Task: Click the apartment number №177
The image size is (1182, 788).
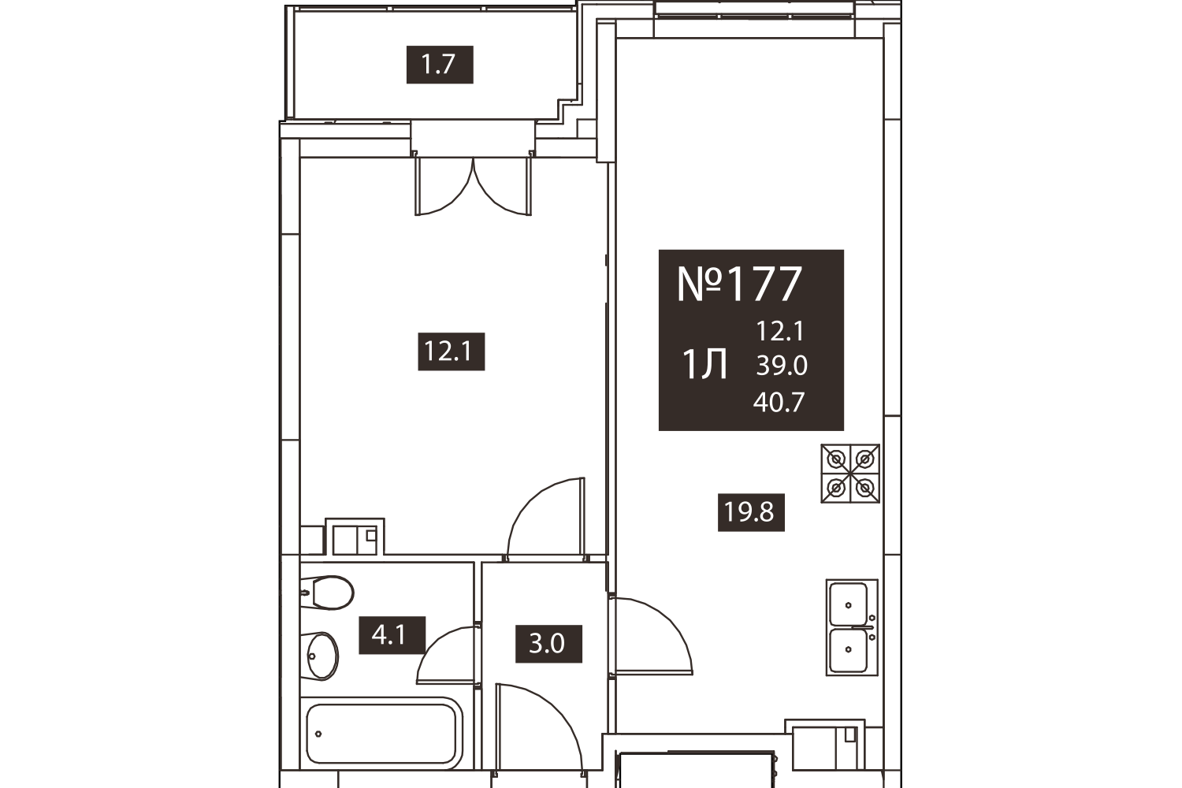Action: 739,284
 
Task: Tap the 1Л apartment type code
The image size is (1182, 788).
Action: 705,365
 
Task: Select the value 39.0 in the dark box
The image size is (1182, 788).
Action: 782,365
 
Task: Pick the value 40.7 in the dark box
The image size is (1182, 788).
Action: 779,402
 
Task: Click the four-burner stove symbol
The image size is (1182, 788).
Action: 850,474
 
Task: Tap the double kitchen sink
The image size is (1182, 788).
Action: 852,627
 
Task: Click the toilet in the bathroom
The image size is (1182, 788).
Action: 327,593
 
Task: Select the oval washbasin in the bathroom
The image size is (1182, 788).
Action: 321,656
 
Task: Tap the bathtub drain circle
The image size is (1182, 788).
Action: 318,734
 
